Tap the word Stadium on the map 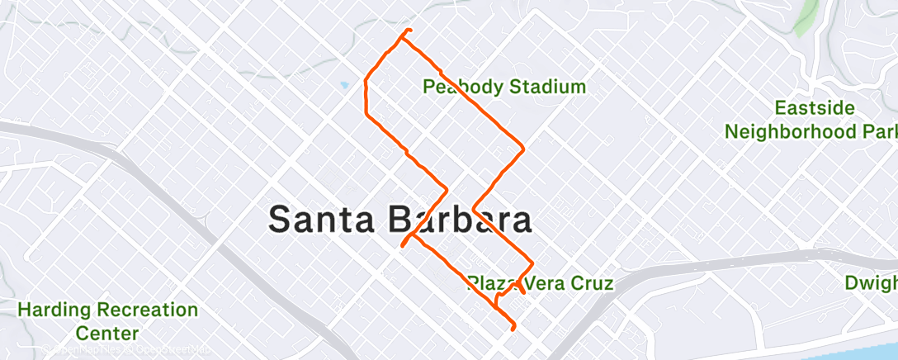546,86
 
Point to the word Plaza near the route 487,284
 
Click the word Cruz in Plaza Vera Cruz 593,284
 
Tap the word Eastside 814,109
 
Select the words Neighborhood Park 810,131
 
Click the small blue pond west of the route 343,84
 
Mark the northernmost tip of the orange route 408,31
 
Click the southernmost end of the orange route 513,329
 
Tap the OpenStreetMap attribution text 168,350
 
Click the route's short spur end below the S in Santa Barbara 403,245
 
